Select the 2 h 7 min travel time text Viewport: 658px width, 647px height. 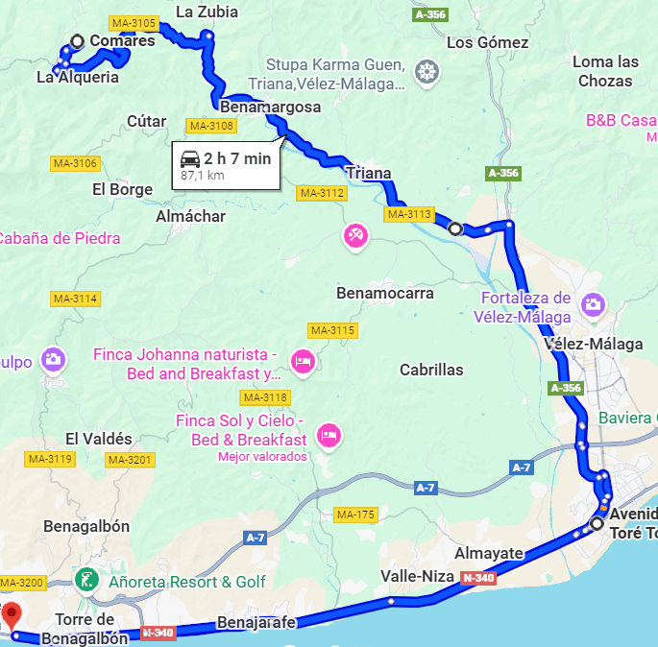tap(237, 158)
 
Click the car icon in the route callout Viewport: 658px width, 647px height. tap(190, 158)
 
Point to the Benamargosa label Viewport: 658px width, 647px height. tap(270, 107)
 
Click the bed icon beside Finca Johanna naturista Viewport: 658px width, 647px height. tap(303, 361)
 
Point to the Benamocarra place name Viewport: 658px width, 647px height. tap(385, 293)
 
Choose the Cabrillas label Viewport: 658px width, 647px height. tap(431, 370)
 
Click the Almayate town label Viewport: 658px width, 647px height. tap(489, 553)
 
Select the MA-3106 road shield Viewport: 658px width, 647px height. tap(75, 163)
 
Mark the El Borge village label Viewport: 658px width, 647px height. tap(122, 189)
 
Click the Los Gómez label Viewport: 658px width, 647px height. tap(488, 42)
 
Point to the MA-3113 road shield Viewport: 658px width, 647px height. tap(409, 214)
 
